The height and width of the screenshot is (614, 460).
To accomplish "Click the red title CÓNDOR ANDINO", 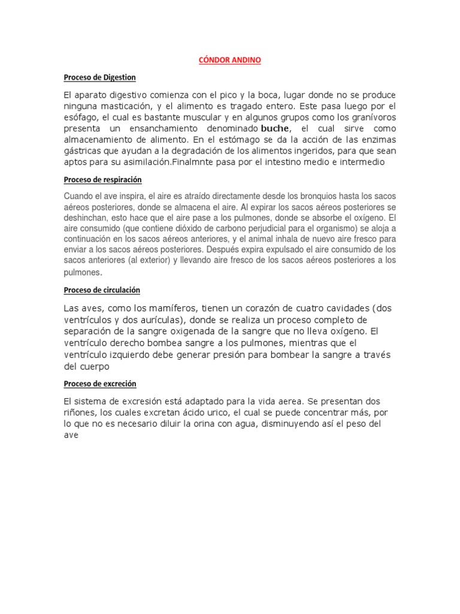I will pos(229,61).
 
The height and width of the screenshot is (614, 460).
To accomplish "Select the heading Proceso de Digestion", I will pos(100,77).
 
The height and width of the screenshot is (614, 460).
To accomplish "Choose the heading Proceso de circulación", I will pos(102,290).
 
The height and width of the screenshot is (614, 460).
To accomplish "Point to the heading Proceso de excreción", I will pos(100,384).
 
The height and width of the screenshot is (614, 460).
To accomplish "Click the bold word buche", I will pos(275,129).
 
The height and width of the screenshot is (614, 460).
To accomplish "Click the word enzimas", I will pos(378,140).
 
